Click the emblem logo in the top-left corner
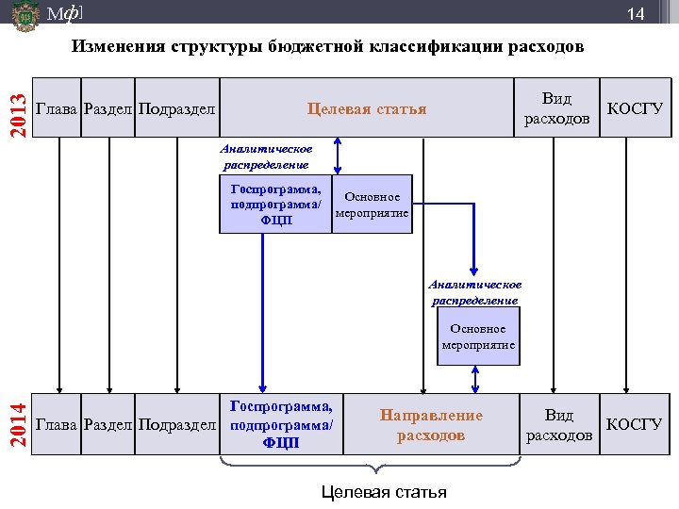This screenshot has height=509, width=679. click(x=25, y=17)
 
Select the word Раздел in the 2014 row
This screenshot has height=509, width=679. click(x=108, y=424)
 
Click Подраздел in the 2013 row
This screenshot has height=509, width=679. click(x=176, y=108)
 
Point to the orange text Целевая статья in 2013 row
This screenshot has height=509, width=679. click(x=367, y=108)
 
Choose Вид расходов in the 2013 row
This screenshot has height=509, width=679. click(x=556, y=108)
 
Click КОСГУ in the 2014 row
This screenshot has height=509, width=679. click(x=635, y=424)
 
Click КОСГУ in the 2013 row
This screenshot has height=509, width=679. click(x=635, y=108)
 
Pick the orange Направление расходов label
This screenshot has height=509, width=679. click(x=431, y=425)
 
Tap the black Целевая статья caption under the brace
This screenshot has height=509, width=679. click(x=384, y=492)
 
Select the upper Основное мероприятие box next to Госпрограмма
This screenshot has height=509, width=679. click(x=373, y=205)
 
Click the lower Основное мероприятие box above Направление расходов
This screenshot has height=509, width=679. click(x=478, y=337)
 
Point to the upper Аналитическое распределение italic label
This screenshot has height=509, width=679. click(x=265, y=156)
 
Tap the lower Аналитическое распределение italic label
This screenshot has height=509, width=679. click(x=474, y=292)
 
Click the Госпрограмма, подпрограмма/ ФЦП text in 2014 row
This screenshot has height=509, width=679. click(x=282, y=424)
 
